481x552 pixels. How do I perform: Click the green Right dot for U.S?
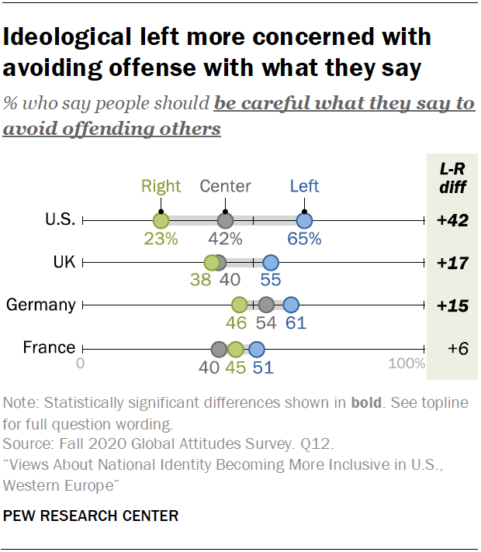(161, 221)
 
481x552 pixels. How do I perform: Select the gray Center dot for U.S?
(225, 221)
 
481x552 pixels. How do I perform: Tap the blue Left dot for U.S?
(305, 221)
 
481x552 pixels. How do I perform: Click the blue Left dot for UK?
(270, 263)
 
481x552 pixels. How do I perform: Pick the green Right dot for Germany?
(239, 305)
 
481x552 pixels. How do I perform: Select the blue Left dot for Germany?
(290, 305)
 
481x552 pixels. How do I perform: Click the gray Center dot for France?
(219, 348)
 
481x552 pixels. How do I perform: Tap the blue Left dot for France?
(256, 348)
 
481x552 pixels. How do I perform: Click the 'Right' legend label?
(161, 186)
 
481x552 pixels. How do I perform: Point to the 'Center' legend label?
(225, 186)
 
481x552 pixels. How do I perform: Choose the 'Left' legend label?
(304, 186)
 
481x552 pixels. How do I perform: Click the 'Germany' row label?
(40, 305)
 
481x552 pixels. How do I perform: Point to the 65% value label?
(304, 239)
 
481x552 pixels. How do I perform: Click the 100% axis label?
(407, 364)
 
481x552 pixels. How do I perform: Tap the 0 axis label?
(81, 364)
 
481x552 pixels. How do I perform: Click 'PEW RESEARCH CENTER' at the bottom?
(91, 516)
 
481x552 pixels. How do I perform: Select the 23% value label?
(161, 239)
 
